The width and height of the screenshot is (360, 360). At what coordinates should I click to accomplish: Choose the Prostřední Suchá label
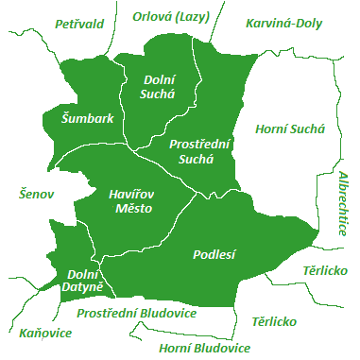pyautogui.click(x=198, y=151)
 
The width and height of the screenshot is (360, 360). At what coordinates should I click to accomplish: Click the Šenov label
pyautogui.click(x=38, y=194)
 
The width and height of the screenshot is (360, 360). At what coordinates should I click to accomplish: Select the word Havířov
pyautogui.click(x=131, y=193)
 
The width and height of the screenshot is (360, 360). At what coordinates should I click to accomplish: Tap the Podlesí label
pyautogui.click(x=214, y=254)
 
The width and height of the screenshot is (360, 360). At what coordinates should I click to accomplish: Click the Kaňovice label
pyautogui.click(x=44, y=333)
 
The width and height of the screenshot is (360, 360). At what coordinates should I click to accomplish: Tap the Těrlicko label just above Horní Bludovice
pyautogui.click(x=274, y=321)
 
